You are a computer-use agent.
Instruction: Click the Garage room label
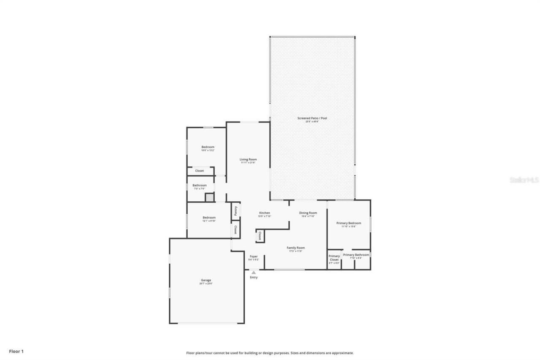(206, 280)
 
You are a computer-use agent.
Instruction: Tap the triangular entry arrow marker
(254, 273)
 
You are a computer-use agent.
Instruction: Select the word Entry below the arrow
(254, 277)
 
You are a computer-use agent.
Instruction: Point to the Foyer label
(254, 256)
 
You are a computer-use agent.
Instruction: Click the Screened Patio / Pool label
(312, 118)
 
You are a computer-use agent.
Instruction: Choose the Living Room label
(248, 160)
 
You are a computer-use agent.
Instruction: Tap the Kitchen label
(265, 213)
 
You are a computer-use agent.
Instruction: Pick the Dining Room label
(308, 213)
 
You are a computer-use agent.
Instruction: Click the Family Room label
(295, 248)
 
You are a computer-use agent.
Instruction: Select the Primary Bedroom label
(348, 223)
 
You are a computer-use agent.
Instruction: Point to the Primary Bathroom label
(356, 255)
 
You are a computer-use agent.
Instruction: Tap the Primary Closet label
(334, 258)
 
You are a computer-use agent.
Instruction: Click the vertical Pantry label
(235, 211)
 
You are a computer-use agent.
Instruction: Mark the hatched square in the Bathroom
(209, 197)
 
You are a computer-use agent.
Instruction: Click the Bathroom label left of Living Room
(200, 185)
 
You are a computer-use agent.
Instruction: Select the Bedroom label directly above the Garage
(209, 217)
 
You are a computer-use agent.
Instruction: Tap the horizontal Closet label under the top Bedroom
(199, 171)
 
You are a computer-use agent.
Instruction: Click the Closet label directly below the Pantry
(235, 230)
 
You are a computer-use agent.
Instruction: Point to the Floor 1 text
(16, 351)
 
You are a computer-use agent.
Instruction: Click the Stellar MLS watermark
(524, 180)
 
